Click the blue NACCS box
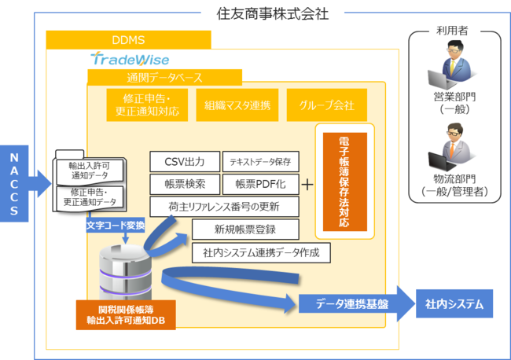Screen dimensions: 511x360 pos(14,183)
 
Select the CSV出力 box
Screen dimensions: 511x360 pos(185,162)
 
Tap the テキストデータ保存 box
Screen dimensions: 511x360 pos(261,162)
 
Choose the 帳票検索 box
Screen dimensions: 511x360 pos(185,184)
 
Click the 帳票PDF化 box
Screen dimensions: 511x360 pos(261,184)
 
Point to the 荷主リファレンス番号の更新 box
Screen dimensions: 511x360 pos(224,207)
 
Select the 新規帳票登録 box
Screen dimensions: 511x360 pos(245,230)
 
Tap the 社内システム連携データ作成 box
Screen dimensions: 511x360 pos(261,252)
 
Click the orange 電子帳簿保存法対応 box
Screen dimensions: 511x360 pos(345,182)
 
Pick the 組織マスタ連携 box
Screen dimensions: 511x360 pos(237,105)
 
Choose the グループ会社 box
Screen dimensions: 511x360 pos(327,105)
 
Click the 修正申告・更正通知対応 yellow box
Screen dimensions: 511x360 pos(147,105)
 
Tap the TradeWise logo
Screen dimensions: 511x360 pos(130,59)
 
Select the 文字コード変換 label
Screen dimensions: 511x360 pos(116,225)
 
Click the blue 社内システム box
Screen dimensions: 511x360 pos(454,303)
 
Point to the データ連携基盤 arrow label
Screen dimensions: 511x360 pos(352,303)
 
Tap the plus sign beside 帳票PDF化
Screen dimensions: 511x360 pos(307,185)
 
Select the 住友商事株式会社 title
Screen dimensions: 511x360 pos(273,13)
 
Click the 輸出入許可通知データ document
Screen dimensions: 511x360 pos(90,171)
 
